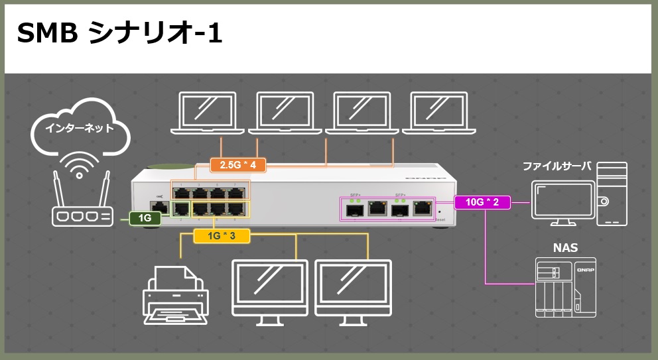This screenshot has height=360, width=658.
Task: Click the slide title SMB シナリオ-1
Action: pos(119,33)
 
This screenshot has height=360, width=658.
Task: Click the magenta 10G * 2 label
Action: pos(482,202)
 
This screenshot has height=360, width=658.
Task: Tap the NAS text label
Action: pos(565,249)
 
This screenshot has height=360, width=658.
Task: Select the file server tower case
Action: pos(611,196)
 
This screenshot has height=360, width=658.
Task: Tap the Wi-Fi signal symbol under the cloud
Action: pos(80,168)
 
